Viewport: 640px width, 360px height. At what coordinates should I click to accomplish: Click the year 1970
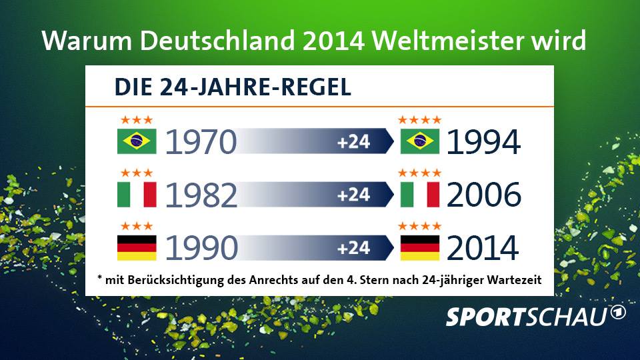(x=200, y=142)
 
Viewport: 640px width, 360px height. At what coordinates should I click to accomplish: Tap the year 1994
(x=483, y=142)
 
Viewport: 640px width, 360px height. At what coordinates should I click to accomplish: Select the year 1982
(x=201, y=195)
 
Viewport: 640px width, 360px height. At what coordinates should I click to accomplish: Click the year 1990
(x=201, y=248)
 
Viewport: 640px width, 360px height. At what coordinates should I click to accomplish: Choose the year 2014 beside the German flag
(x=483, y=248)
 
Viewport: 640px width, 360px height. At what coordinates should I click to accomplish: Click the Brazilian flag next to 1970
(x=136, y=141)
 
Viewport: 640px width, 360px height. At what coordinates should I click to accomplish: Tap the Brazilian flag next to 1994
(x=419, y=141)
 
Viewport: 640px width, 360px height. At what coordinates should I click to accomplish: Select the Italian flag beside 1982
(x=136, y=194)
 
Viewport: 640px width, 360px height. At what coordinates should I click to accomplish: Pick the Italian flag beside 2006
(x=419, y=194)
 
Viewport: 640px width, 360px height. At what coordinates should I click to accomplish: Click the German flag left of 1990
(x=136, y=247)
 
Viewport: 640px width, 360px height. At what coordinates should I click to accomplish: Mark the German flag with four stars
(x=419, y=247)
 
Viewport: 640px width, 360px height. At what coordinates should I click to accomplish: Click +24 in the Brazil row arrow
(x=353, y=142)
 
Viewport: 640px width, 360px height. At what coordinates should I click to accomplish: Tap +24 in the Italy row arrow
(x=353, y=195)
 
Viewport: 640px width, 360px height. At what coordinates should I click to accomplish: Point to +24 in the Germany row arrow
(x=353, y=248)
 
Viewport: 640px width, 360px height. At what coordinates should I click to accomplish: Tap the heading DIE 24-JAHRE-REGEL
(x=233, y=87)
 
